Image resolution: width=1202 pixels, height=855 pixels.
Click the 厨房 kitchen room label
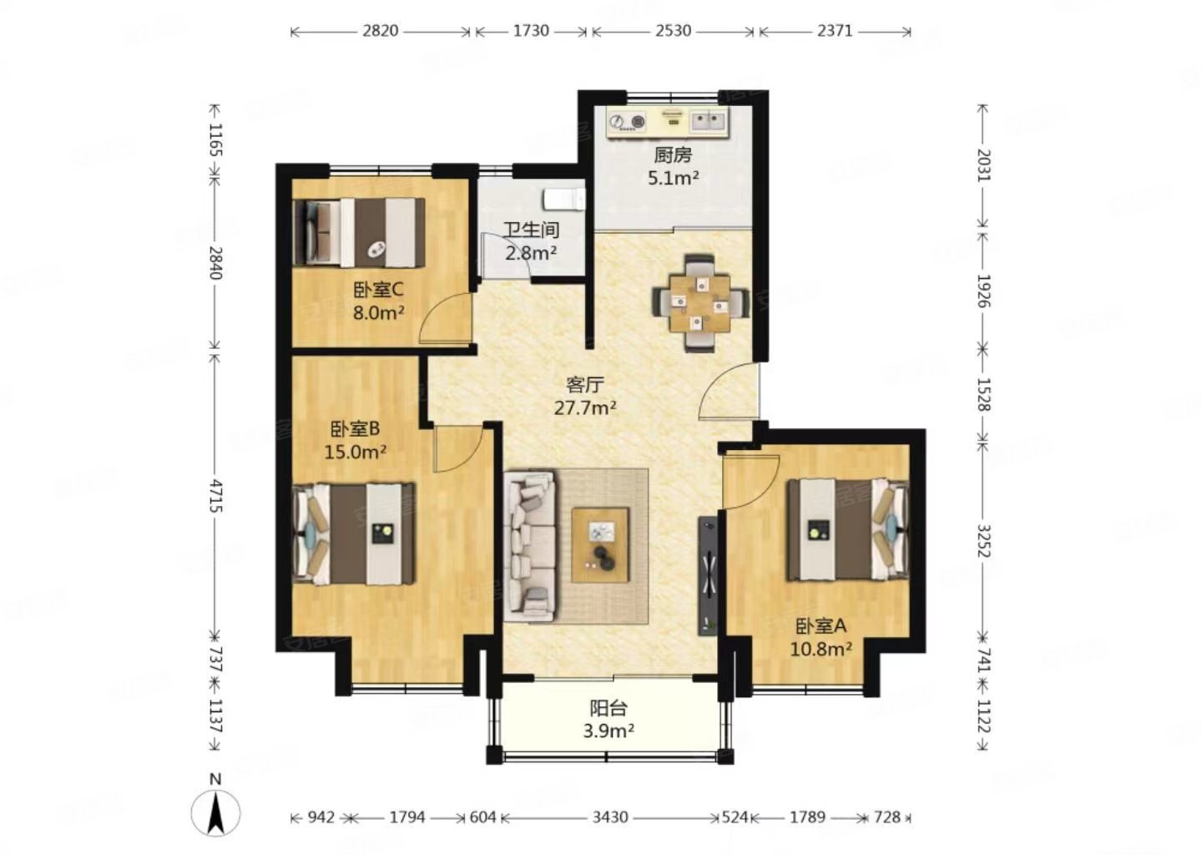click(673, 154)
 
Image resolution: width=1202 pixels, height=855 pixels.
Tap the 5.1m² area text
click(673, 177)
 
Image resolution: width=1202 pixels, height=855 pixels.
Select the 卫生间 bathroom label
click(531, 230)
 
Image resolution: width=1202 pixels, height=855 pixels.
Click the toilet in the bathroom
click(563, 200)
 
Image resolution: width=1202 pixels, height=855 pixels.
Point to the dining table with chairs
click(699, 302)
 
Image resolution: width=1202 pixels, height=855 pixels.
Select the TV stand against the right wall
click(708, 575)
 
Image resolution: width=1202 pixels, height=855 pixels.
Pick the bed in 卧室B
click(355, 534)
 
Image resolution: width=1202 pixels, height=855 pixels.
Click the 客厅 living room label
click(584, 385)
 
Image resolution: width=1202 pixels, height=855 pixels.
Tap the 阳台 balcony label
click(609, 709)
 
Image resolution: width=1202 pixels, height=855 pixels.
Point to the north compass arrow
click(215, 810)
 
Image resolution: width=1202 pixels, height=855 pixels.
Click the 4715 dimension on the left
click(215, 497)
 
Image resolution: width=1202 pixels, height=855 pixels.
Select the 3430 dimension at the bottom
click(609, 817)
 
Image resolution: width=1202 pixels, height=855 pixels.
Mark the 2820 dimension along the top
click(380, 31)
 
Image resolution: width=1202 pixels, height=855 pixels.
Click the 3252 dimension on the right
click(983, 545)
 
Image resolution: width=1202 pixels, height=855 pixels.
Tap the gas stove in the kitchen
click(627, 122)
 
